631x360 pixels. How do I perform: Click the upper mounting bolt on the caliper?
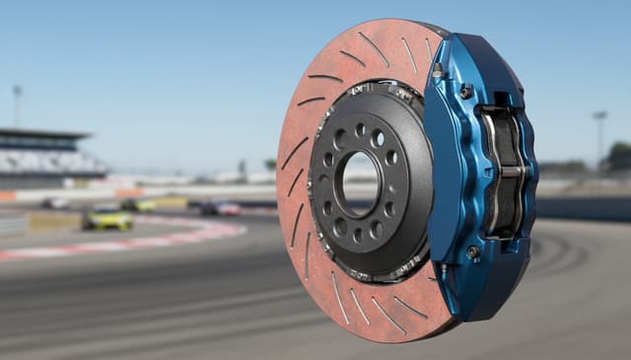465,91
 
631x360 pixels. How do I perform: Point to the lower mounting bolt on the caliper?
474,252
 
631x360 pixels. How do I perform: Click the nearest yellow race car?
106,218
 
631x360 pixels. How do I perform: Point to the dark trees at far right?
619,156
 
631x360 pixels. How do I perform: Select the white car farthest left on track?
55,203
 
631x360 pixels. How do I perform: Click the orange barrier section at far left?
8,195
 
